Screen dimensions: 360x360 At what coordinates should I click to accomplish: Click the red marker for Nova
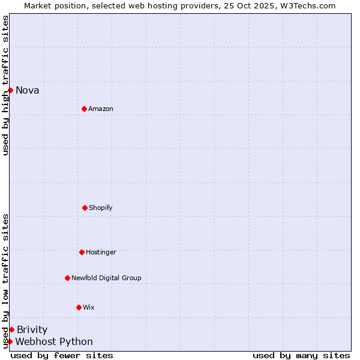10,90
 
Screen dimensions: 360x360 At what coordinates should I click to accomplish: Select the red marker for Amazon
84,109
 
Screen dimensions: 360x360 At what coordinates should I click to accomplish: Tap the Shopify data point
85,208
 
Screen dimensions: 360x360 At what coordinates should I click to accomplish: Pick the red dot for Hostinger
82,252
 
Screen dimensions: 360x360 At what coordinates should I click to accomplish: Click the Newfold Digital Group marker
67,278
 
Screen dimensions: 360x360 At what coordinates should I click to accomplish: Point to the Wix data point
79,307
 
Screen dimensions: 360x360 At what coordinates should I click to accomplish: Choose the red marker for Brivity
11,329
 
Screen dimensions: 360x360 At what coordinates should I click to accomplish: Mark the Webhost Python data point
10,341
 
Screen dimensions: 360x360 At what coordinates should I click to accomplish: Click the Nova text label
28,91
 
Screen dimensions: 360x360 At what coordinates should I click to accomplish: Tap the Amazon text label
101,109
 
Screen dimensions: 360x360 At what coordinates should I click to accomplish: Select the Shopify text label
101,208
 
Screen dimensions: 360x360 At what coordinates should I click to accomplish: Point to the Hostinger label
101,253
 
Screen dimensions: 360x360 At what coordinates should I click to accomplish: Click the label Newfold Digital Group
106,278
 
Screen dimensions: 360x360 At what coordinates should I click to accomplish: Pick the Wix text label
89,308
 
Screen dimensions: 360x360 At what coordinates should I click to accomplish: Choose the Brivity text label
32,330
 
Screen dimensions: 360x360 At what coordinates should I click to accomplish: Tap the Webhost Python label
54,342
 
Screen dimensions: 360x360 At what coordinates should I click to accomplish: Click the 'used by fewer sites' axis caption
62,355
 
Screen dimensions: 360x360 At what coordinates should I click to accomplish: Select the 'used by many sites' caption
301,355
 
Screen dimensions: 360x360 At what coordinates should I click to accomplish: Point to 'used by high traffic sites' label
5,85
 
